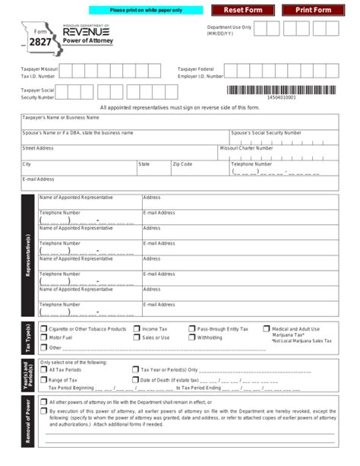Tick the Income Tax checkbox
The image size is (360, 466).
[x=136, y=329]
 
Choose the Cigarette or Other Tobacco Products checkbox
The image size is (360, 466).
[x=43, y=329]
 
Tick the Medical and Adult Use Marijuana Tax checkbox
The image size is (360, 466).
[x=266, y=329]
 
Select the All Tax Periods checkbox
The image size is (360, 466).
[x=43, y=370]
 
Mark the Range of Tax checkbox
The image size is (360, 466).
[x=43, y=379]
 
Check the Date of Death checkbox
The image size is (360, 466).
[x=136, y=379]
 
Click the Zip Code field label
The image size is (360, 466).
[x=182, y=163]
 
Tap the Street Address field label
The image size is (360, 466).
[x=38, y=148]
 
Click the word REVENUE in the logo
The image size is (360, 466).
[x=87, y=31]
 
